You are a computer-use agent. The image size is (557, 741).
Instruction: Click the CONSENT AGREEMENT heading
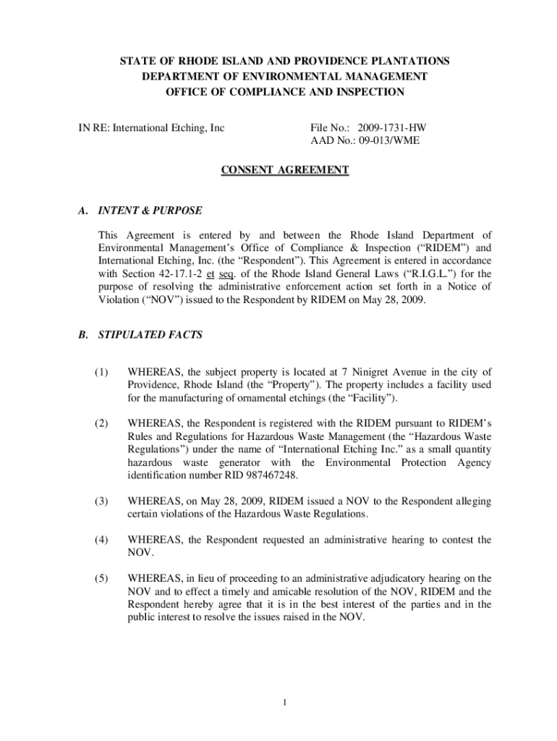[284, 171]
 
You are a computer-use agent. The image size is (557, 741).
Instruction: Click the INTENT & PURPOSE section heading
[150, 211]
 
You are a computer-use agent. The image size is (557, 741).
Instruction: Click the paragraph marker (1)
[101, 373]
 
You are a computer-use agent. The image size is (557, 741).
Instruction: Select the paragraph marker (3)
[101, 501]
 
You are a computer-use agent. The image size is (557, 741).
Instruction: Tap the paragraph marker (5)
[101, 578]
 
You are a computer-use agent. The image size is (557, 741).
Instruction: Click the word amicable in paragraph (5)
[272, 591]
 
